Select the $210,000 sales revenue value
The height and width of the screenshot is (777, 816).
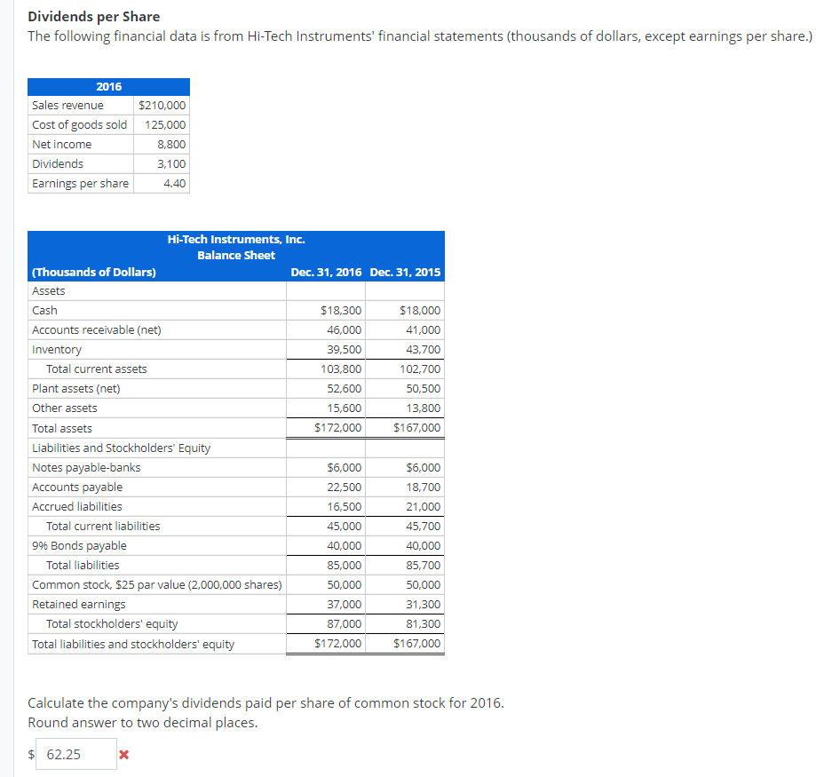pos(162,106)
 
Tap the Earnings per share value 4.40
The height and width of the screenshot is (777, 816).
pos(175,184)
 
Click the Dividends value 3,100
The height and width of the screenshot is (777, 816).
pos(171,164)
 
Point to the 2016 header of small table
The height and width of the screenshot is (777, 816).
pos(108,86)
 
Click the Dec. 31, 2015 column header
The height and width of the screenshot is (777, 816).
pos(405,273)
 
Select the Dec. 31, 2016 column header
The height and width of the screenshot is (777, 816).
pos(326,273)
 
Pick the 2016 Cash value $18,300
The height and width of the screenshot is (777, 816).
pos(340,311)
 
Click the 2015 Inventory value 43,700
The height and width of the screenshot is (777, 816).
pos(420,350)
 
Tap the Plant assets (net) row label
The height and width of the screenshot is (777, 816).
pos(76,389)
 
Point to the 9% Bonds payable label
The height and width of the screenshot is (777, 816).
pos(79,546)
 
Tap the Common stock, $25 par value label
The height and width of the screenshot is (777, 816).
pos(156,585)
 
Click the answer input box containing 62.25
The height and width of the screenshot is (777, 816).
pos(76,755)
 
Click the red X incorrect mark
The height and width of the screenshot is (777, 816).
pos(123,756)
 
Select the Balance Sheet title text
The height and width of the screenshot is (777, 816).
pos(236,256)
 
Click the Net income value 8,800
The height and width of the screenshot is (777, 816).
pos(171,145)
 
